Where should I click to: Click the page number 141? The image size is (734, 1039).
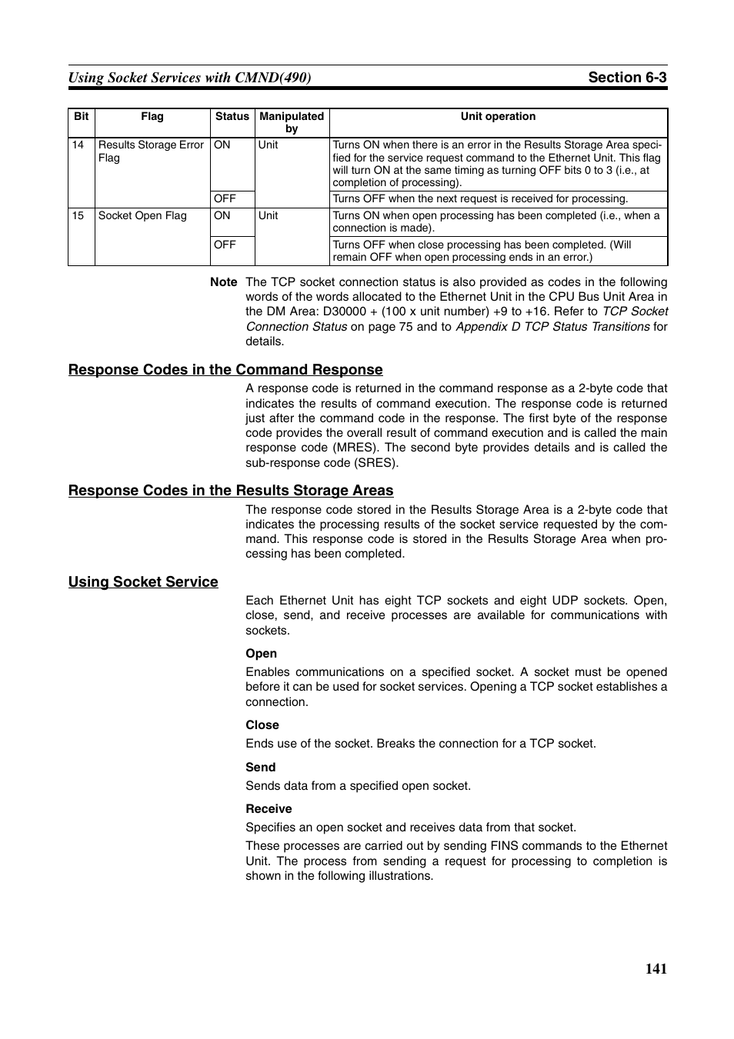(x=656, y=968)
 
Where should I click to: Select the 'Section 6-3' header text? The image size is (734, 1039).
(x=627, y=77)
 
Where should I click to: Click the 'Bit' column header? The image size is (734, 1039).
(x=82, y=117)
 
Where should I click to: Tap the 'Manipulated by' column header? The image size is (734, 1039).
(x=292, y=122)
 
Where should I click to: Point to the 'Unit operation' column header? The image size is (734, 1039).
(x=498, y=117)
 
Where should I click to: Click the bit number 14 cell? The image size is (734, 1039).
(x=78, y=145)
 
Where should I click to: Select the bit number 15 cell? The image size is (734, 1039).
(x=78, y=215)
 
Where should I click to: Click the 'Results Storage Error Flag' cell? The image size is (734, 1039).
(x=151, y=151)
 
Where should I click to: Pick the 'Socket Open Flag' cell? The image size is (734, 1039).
(x=142, y=215)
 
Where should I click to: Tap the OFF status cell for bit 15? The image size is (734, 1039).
(x=225, y=245)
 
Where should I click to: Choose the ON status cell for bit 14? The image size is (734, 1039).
(x=222, y=145)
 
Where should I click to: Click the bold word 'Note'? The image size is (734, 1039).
(x=224, y=282)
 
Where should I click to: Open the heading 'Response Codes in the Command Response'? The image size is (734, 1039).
(x=225, y=370)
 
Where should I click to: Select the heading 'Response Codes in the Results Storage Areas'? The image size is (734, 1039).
(x=231, y=491)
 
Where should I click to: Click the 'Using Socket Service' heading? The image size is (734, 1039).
(x=143, y=582)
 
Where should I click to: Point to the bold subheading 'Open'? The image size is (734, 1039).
(x=261, y=654)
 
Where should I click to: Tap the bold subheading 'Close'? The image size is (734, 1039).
(x=262, y=725)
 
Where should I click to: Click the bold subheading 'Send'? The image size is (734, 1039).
(x=261, y=768)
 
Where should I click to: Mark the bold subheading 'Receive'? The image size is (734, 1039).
(x=269, y=809)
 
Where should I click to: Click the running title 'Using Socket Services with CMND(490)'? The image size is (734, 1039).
(x=189, y=78)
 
